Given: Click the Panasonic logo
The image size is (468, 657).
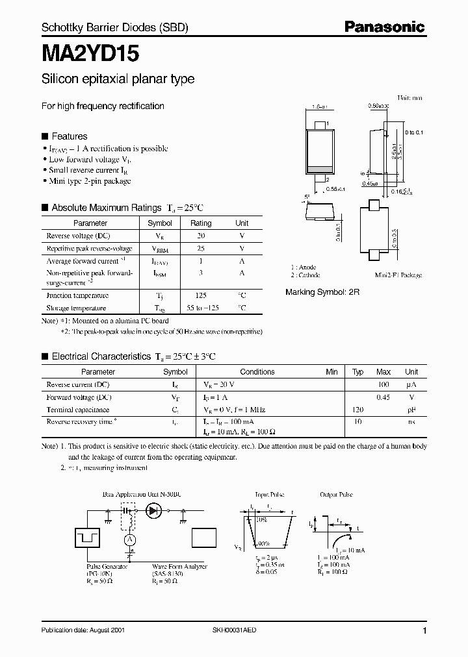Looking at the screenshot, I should pyautogui.click(x=384, y=27).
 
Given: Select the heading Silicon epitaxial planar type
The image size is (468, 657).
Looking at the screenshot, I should pyautogui.click(x=118, y=80).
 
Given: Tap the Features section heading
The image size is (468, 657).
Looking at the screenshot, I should pyautogui.click(x=69, y=136).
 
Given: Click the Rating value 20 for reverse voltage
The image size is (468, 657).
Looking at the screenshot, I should pyautogui.click(x=201, y=236).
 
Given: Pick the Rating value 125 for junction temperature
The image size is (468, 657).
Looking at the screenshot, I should pyautogui.click(x=201, y=295).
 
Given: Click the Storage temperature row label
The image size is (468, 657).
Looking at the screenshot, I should pyautogui.click(x=76, y=308).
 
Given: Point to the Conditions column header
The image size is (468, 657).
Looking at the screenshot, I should pyautogui.click(x=257, y=372).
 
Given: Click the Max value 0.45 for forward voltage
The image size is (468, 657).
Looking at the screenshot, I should pyautogui.click(x=383, y=397).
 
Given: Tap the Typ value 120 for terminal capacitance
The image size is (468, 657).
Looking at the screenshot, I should pyautogui.click(x=357, y=410).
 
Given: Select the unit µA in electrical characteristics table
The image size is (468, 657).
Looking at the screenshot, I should pyautogui.click(x=411, y=384).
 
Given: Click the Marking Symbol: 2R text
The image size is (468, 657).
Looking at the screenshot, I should pyautogui.click(x=322, y=293).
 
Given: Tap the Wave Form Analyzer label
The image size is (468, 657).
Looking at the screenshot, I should pyautogui.click(x=179, y=567).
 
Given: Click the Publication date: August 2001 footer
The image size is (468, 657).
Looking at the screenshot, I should pyautogui.click(x=83, y=630).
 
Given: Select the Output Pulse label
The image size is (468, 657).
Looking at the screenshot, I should pyautogui.click(x=336, y=495).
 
